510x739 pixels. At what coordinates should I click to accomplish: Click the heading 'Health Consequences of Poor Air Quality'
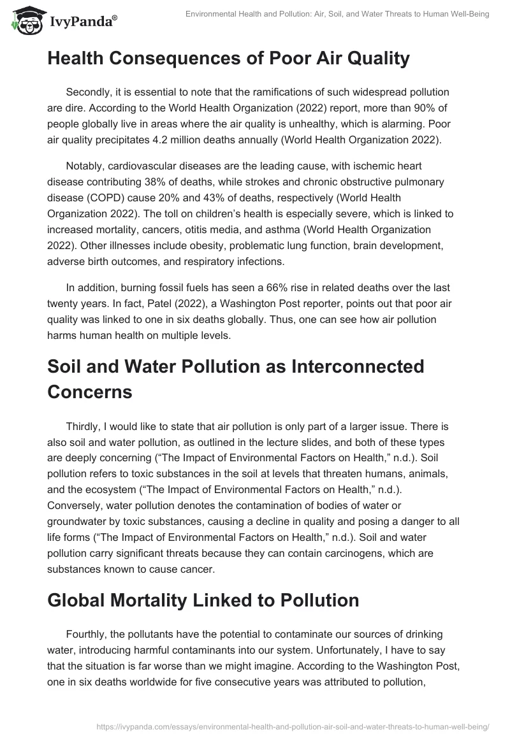[x=228, y=59]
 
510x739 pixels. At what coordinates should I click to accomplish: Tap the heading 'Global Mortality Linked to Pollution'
[x=203, y=599]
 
